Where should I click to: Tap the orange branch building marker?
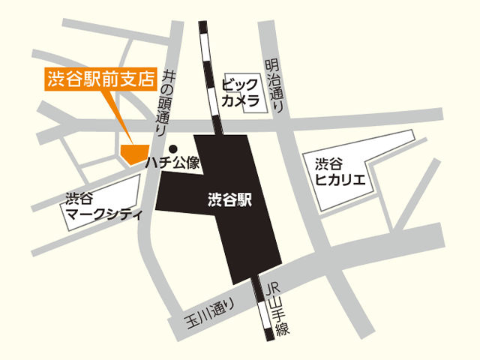tap(132, 152)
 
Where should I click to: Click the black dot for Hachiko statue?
tap(172, 148)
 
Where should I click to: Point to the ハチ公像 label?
tap(172, 162)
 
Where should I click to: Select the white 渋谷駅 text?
tap(229, 200)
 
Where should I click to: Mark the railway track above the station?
tap(209, 75)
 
